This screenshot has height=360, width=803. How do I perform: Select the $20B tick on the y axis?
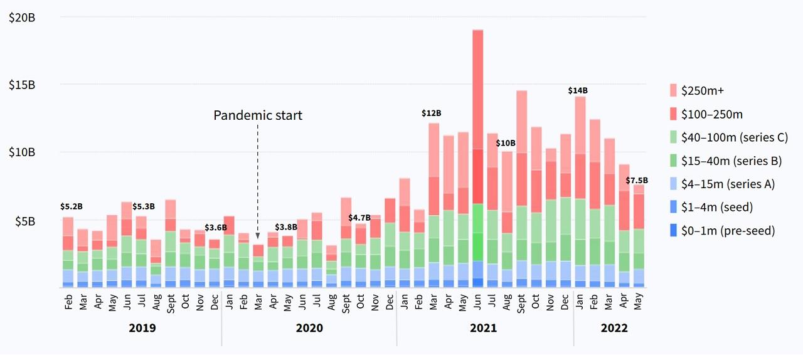coord(22,18)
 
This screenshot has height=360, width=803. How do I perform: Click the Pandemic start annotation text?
coord(258,115)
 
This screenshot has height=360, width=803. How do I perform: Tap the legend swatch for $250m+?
coord(674,90)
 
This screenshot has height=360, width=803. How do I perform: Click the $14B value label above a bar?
coord(578,90)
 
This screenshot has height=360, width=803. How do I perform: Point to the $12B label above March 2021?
coord(431,114)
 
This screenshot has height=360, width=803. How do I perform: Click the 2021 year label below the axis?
coord(484,328)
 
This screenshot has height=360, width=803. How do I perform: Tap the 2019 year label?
coord(142,328)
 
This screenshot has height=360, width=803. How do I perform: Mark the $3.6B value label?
coord(215,227)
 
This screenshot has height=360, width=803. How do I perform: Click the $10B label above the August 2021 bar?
coord(506,143)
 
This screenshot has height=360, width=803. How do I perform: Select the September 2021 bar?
coord(521,188)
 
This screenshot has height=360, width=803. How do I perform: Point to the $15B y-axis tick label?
coord(22,85)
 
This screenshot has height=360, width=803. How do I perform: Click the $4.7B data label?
coord(359,218)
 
